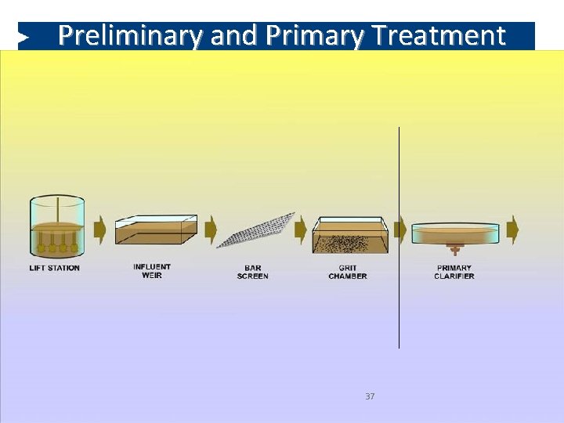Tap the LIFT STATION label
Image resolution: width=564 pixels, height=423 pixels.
pyautogui.click(x=55, y=268)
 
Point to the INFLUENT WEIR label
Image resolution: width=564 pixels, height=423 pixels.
pyautogui.click(x=152, y=271)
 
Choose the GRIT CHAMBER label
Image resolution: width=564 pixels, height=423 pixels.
pyautogui.click(x=348, y=272)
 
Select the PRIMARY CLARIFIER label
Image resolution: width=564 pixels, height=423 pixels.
pyautogui.click(x=454, y=272)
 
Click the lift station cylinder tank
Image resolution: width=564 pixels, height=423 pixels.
pyautogui.click(x=57, y=226)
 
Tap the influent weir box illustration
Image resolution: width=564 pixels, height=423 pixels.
pyautogui.click(x=155, y=230)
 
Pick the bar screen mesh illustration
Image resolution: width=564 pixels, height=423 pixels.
pyautogui.click(x=256, y=230)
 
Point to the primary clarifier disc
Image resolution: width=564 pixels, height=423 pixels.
pyautogui.click(x=455, y=233)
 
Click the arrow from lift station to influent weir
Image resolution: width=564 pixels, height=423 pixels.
pyautogui.click(x=99, y=230)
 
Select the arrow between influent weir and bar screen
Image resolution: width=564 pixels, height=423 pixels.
pyautogui.click(x=210, y=230)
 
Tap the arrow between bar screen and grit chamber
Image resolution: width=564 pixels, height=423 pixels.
pyautogui.click(x=302, y=230)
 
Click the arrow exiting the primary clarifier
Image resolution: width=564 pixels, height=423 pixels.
pyautogui.click(x=512, y=230)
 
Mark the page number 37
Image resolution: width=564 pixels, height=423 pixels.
pyautogui.click(x=370, y=396)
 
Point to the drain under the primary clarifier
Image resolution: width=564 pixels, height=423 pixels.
pyautogui.click(x=454, y=250)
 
